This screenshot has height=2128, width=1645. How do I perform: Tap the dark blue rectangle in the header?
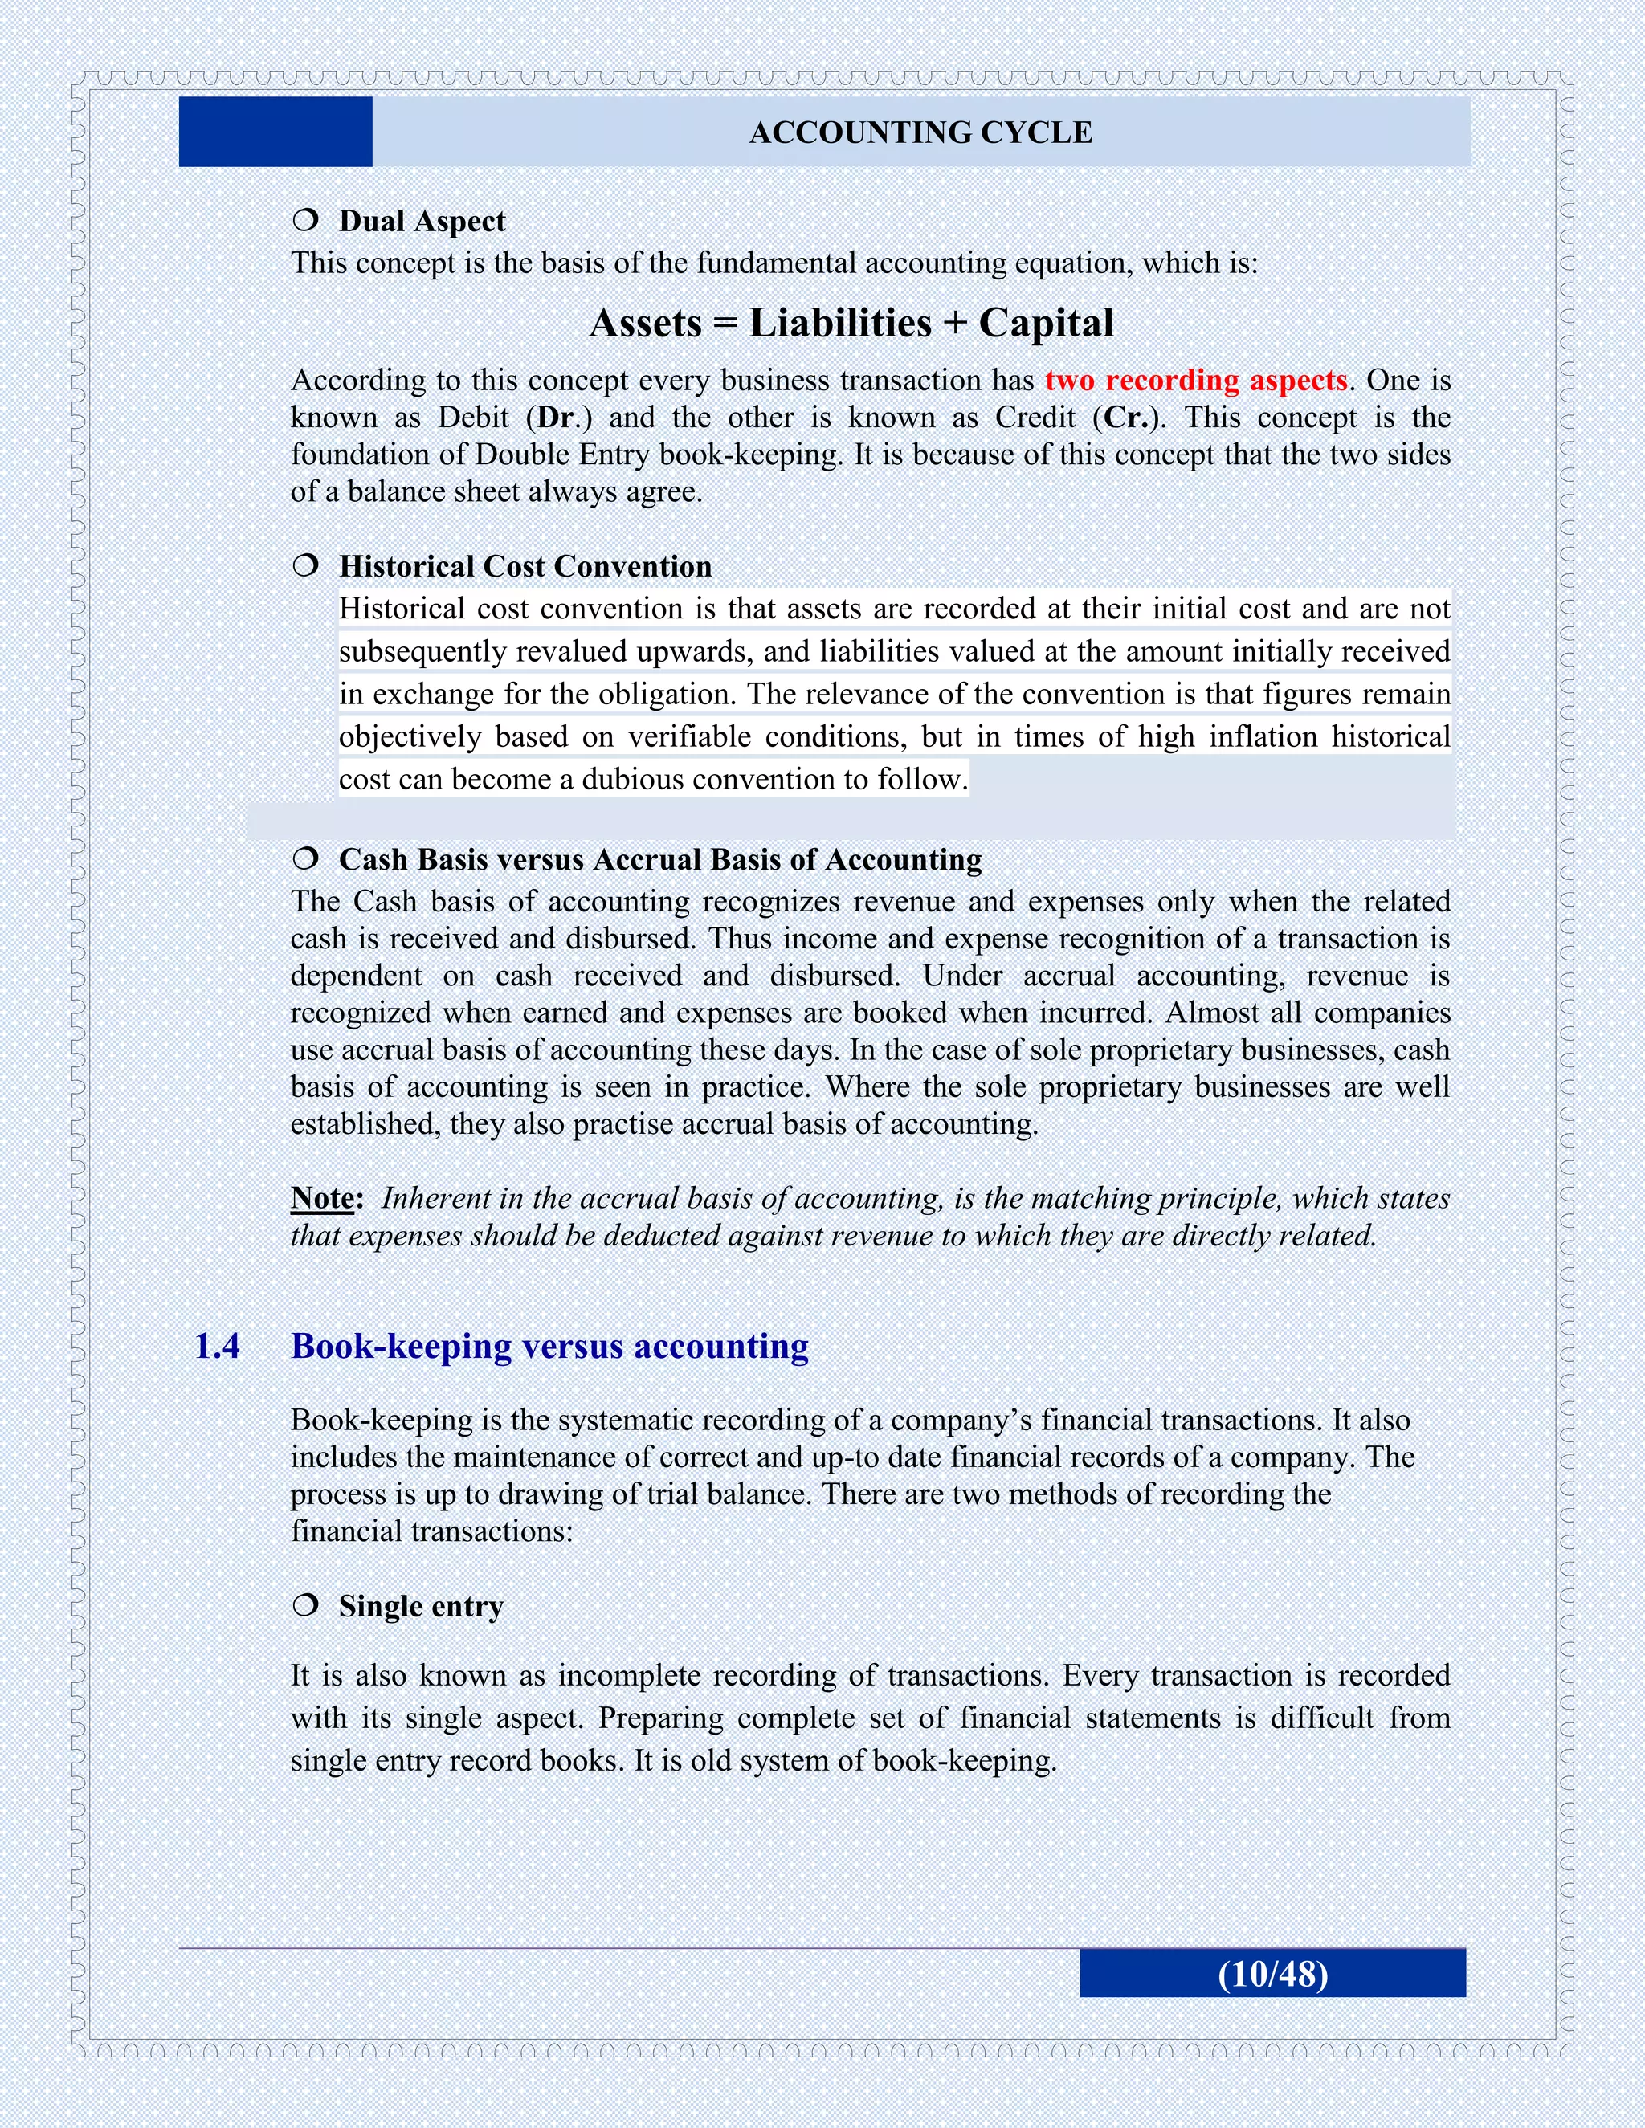click(276, 132)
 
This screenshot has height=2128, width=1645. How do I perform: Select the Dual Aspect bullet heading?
click(421, 221)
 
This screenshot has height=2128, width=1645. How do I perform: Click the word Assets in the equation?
click(645, 324)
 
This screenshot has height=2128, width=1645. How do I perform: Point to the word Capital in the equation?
click(1046, 324)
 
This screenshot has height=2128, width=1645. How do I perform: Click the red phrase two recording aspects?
click(1196, 380)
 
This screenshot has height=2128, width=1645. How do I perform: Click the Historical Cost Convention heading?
click(525, 567)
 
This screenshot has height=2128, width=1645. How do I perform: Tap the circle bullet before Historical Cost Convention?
click(305, 565)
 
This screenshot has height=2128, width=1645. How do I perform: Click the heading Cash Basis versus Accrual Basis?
click(659, 860)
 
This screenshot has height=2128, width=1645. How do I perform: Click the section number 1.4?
click(218, 1347)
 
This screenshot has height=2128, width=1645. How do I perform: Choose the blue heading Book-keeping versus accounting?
click(549, 1347)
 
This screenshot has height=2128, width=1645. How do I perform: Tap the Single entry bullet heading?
click(421, 1606)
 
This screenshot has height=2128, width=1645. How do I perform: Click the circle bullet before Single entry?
click(305, 1604)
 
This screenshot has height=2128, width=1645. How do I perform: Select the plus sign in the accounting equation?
click(955, 324)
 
